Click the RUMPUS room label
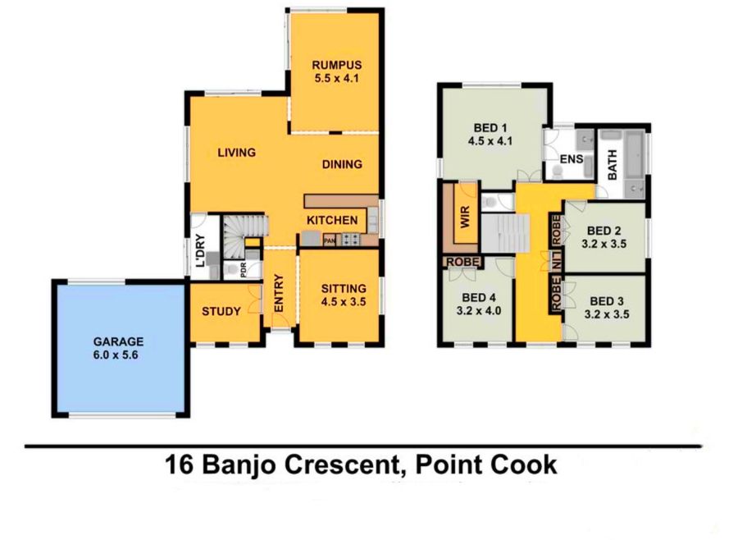336,65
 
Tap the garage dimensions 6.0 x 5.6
116,355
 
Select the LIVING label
236,153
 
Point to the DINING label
342,164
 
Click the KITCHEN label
332,220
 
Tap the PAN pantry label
330,241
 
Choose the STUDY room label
221,312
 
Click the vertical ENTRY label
279,293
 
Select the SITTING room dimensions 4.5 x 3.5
344,302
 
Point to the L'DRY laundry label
201,250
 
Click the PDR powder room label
244,269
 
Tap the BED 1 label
490,128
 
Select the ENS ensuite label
572,159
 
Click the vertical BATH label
613,165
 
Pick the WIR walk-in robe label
465,217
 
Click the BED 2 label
604,231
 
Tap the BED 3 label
607,301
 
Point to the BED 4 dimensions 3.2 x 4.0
479,311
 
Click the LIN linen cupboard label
557,261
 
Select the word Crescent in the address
342,464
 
